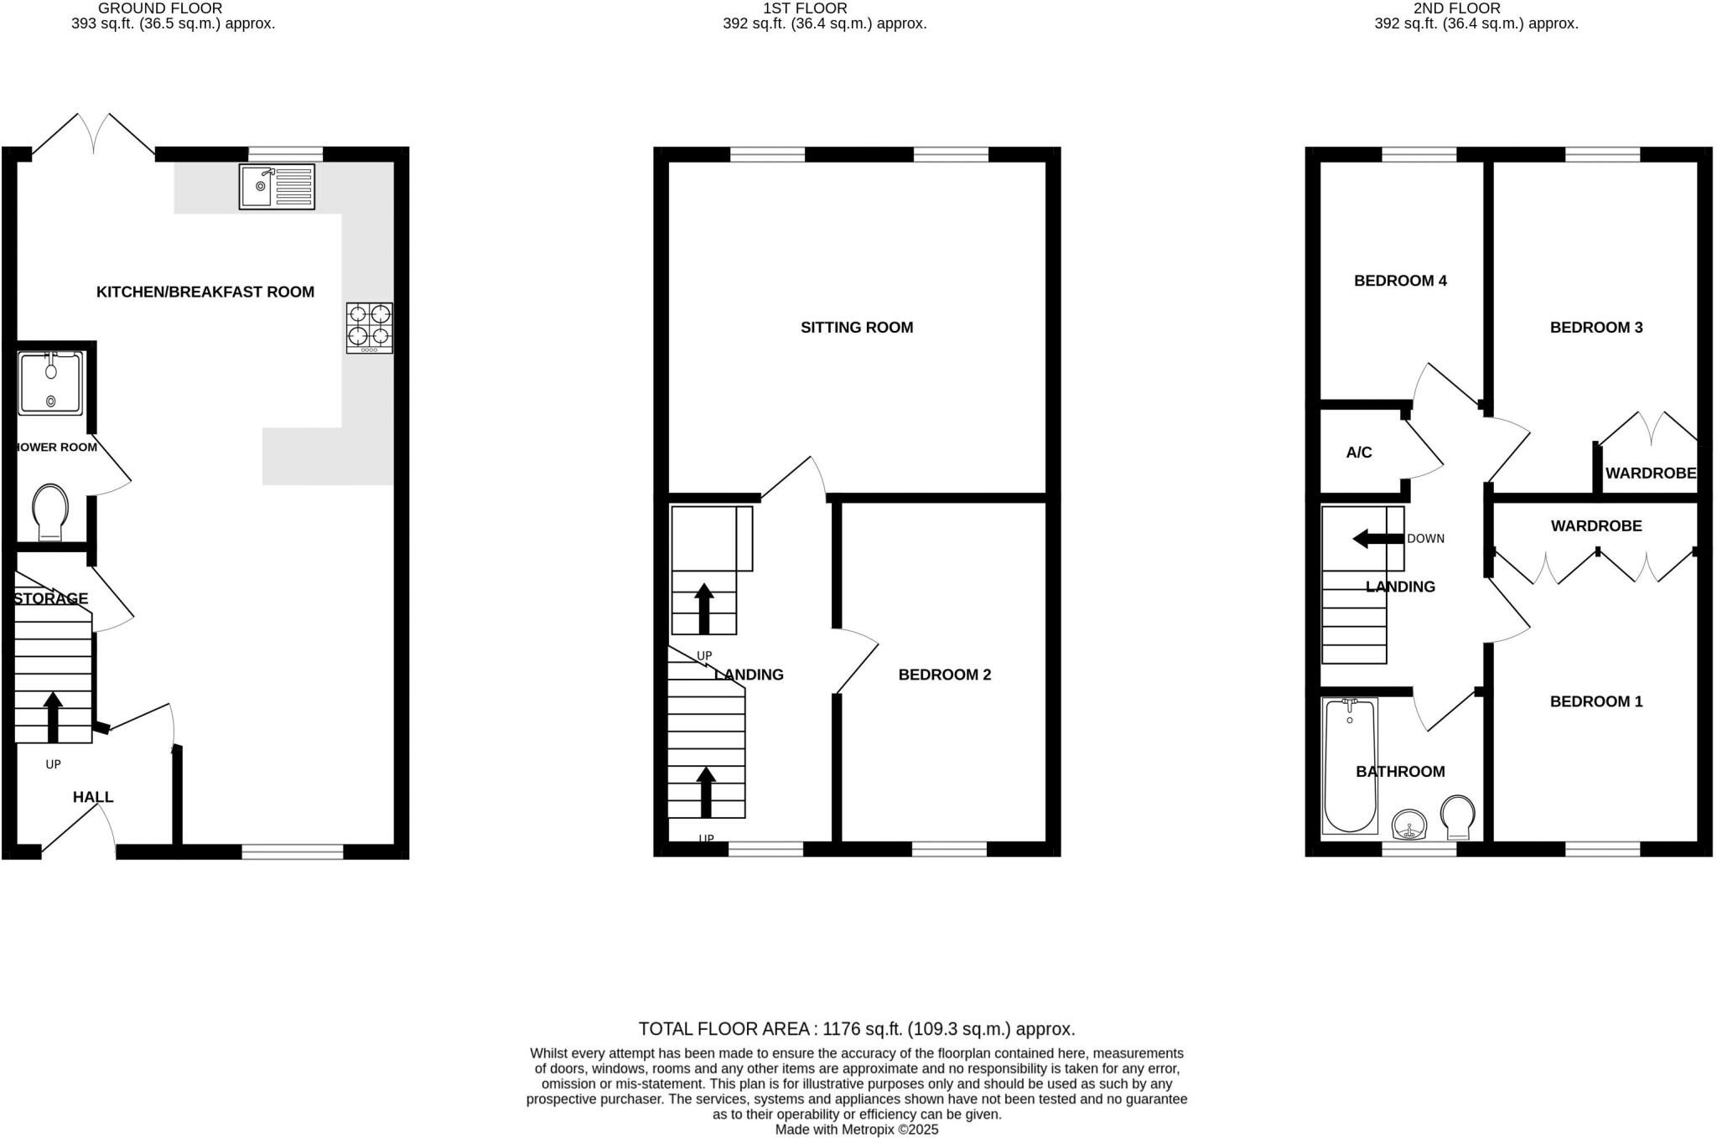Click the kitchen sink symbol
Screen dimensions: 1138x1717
coord(277,186)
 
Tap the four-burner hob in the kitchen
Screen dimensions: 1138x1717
coord(370,327)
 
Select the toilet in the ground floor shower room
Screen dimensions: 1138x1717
coord(49,511)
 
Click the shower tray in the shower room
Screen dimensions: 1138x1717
coord(51,383)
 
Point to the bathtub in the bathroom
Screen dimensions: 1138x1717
coord(1350,765)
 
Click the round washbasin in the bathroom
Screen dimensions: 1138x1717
coord(1410,824)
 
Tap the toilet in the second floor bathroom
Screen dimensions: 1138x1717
coord(1458,817)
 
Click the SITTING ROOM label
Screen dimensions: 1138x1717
coord(856,328)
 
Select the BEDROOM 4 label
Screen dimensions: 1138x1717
coord(1400,281)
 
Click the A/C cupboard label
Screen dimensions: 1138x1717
coord(1359,453)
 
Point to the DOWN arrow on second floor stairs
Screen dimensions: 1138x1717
coord(1377,539)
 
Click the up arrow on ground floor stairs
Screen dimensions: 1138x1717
coord(53,716)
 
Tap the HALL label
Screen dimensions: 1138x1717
coord(93,797)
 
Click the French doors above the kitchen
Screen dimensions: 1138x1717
coord(94,134)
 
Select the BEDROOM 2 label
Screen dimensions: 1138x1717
coord(944,675)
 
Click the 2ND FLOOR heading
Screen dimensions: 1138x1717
coord(1456,8)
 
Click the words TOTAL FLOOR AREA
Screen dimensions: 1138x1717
coord(724,1029)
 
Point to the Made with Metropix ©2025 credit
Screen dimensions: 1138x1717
coord(856,1130)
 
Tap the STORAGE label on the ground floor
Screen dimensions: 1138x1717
coord(51,598)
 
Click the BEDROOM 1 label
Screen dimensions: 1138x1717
coord(1595,701)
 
